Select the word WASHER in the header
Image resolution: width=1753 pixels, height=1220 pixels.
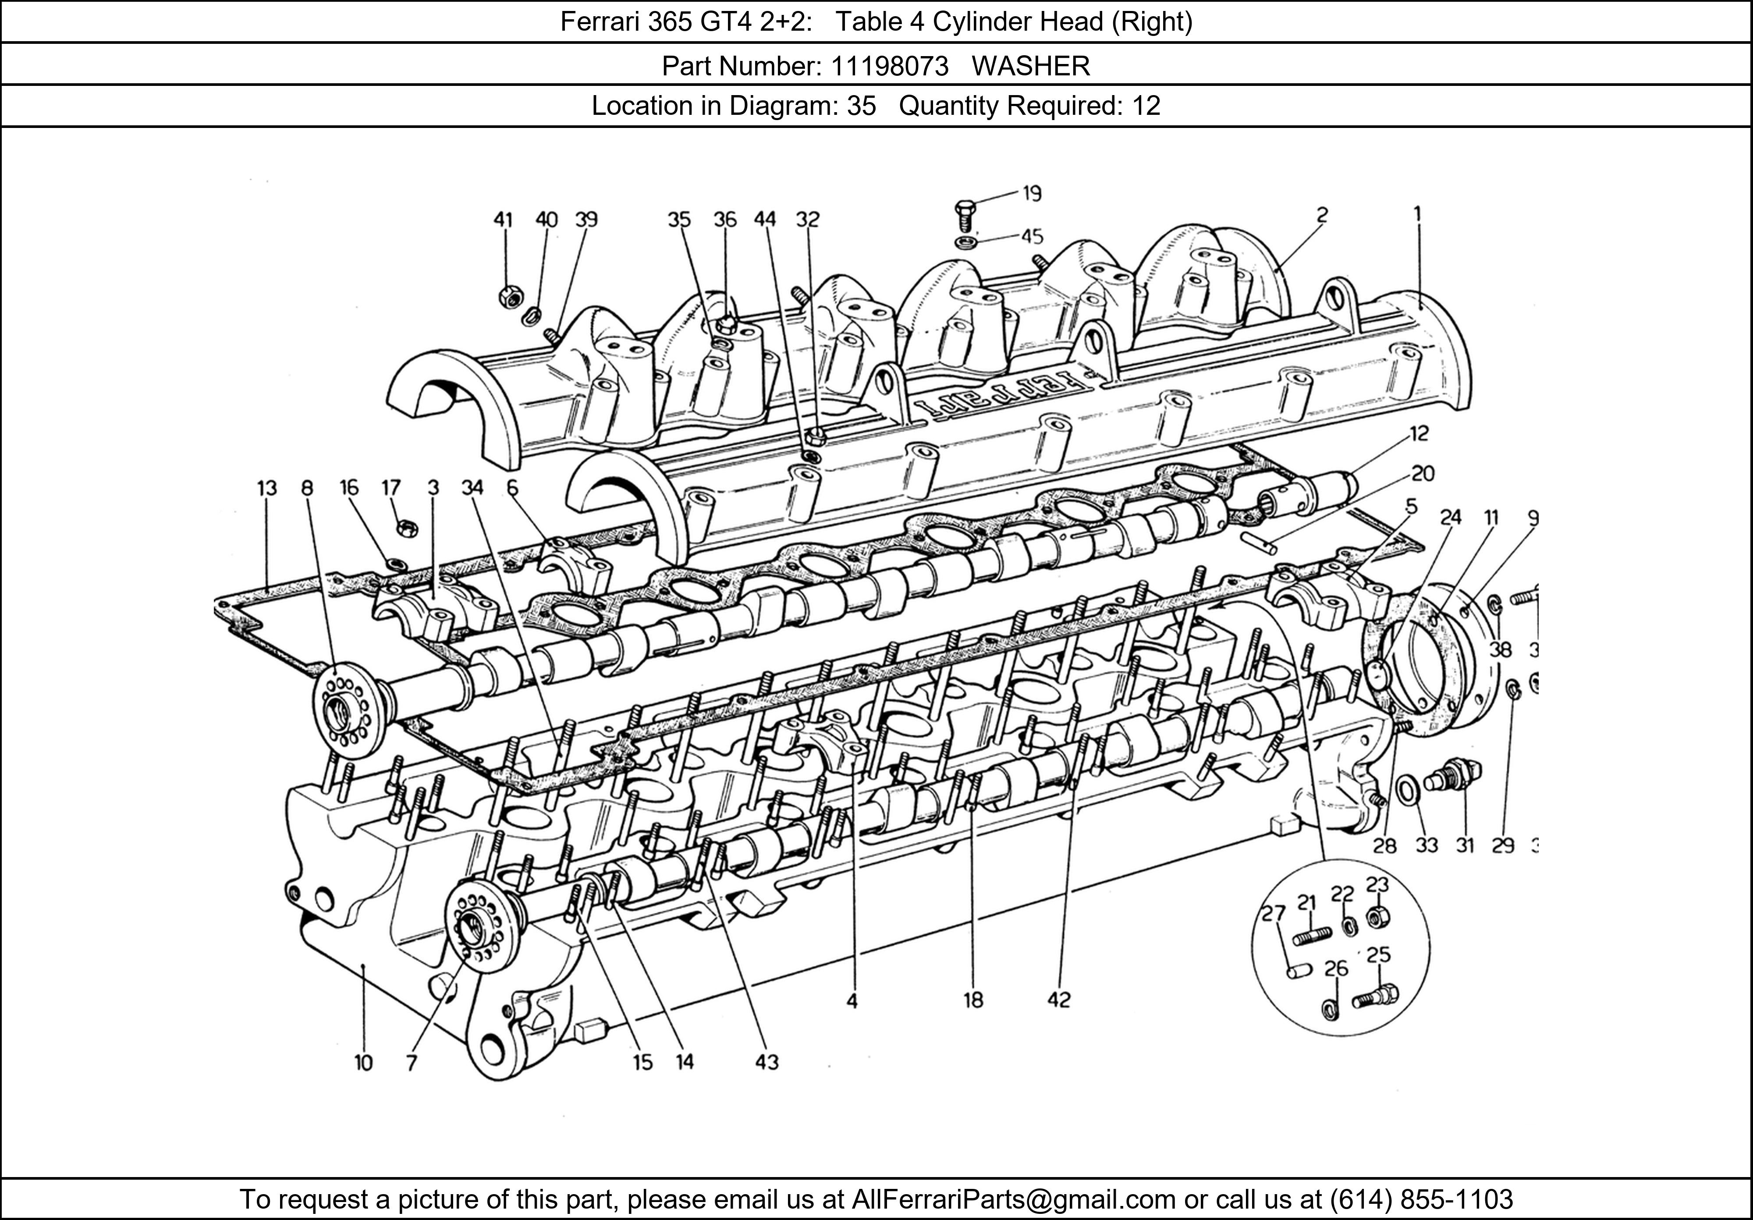[1031, 67]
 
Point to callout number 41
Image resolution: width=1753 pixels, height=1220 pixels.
[502, 220]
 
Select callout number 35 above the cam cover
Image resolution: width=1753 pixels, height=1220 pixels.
[679, 220]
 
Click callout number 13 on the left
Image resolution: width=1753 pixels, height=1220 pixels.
[266, 488]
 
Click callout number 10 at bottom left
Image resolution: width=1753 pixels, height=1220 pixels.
[363, 1062]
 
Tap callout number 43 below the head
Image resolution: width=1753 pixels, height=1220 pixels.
[766, 1062]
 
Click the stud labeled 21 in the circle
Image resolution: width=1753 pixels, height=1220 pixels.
[1312, 935]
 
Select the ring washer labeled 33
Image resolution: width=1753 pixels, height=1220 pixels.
[1407, 791]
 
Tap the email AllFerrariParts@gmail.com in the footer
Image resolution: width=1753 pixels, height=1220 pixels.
[1013, 1199]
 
